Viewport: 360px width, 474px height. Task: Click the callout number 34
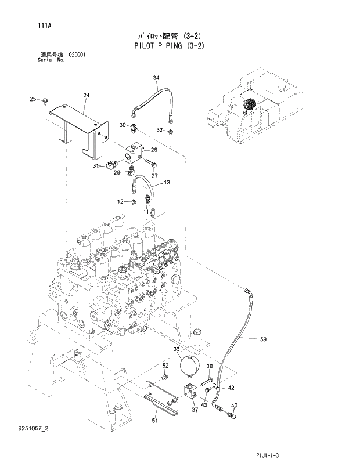click(156, 78)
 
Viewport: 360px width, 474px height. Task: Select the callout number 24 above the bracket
click(86, 95)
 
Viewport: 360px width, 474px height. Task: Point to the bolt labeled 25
click(45, 101)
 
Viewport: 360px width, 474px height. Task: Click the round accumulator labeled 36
click(190, 367)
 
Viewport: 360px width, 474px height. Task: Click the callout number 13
click(167, 183)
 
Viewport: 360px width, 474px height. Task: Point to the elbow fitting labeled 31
click(111, 168)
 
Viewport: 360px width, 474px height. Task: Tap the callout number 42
click(231, 388)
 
